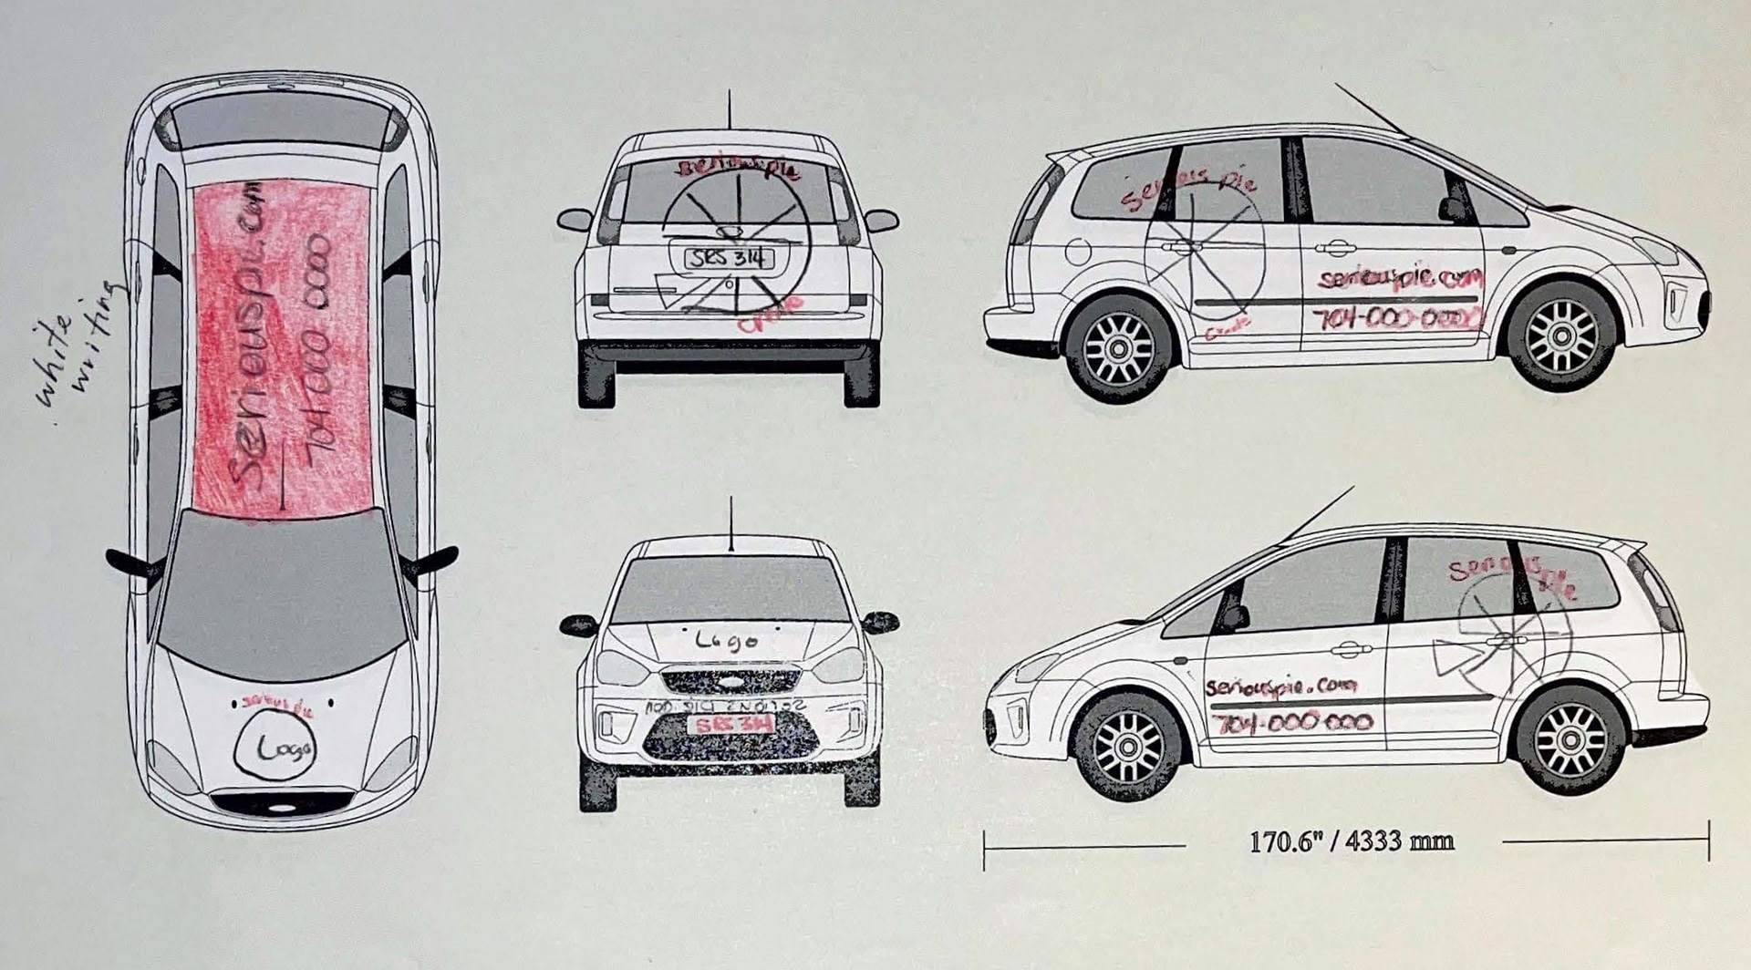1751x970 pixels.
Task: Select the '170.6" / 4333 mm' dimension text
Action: click(1351, 841)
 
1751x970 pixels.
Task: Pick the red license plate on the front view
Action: click(730, 724)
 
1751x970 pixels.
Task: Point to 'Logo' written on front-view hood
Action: click(726, 641)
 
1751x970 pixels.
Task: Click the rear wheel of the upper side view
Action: click(1119, 348)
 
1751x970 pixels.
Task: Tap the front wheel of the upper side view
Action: click(1561, 335)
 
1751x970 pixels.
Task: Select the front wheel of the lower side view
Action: click(1127, 747)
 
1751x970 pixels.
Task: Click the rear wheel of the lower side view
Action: click(1570, 739)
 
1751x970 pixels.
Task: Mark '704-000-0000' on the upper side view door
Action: click(1396, 318)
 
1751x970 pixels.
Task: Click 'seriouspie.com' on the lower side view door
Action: click(1280, 686)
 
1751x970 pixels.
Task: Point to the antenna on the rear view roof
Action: click(728, 109)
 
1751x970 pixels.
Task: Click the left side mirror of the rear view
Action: click(575, 220)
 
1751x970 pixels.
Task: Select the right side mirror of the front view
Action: click(880, 623)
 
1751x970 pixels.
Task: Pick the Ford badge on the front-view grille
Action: click(730, 678)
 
